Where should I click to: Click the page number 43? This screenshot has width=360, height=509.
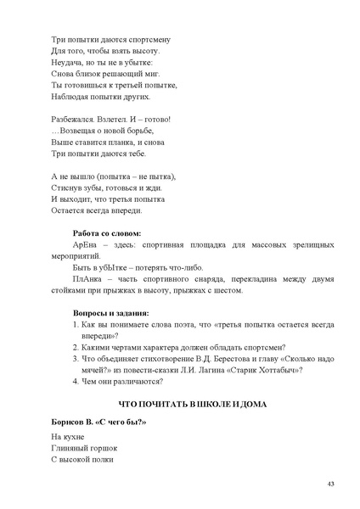click(329, 484)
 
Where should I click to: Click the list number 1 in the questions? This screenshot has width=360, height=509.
click(76, 323)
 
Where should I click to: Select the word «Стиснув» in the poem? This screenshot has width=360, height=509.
click(67, 188)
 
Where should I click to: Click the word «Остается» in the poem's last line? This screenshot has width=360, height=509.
click(69, 210)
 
